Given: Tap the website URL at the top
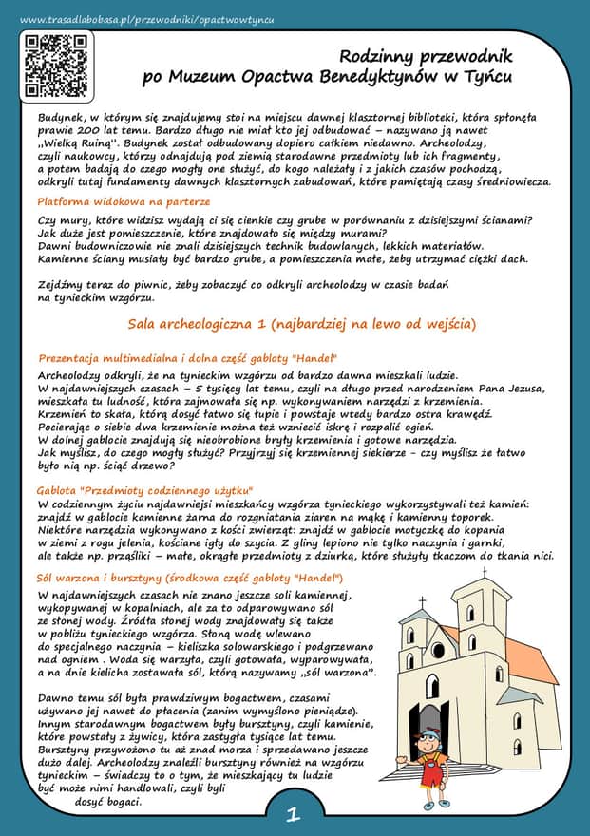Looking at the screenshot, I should (x=146, y=20).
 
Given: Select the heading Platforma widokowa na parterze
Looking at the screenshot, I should (x=123, y=201).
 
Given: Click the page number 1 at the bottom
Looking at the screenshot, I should (x=294, y=813).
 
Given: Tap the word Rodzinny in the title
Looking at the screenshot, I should (x=380, y=58).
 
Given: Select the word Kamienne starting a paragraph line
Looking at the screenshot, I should (x=67, y=257).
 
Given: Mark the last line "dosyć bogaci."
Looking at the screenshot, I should (x=107, y=801).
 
